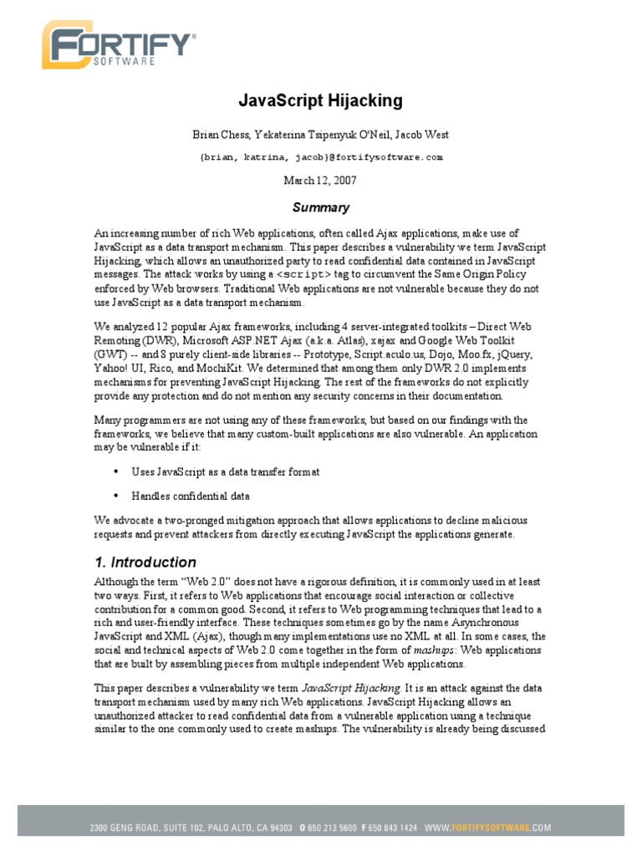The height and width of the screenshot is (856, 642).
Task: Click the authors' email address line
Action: [x=321, y=157]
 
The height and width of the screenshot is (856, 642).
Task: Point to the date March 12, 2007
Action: [x=321, y=180]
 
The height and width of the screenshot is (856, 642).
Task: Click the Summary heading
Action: [x=321, y=207]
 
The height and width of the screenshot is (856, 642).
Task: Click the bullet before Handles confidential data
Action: [x=114, y=496]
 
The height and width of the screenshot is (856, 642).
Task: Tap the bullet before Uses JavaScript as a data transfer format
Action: [x=114, y=472]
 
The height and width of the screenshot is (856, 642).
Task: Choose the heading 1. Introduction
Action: [x=145, y=562]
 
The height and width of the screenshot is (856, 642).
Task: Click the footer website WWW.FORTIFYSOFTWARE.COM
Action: [x=488, y=828]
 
